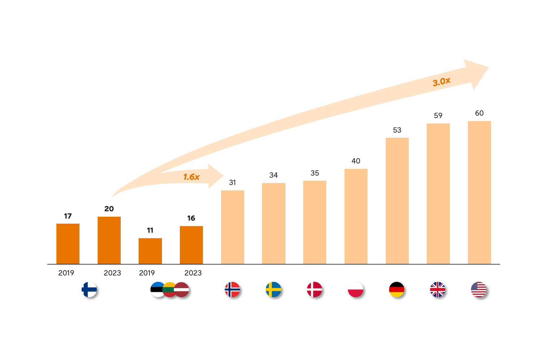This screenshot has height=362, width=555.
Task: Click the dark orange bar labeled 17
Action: click(68, 244)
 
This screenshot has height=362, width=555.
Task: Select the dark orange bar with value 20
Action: click(109, 240)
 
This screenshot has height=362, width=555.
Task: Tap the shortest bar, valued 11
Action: click(150, 251)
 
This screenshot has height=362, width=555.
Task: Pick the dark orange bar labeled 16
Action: click(191, 245)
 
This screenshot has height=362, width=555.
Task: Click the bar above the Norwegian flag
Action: click(233, 227)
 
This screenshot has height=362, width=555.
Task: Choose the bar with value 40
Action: click(356, 216)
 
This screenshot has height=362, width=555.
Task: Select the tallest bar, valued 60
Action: click(479, 193)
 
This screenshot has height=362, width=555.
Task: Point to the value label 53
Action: click(397, 130)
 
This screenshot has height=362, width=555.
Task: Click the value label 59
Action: click(438, 116)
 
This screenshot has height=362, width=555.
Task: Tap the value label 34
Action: click(274, 175)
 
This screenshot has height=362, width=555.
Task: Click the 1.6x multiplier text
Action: click(191, 177)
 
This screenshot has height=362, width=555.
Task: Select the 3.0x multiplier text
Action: click(442, 81)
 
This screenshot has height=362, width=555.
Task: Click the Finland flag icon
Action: click(89, 290)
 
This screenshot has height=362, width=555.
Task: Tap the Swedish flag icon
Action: click(273, 290)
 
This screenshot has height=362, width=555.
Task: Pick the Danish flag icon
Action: click(314, 290)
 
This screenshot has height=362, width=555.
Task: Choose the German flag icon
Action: click(397, 290)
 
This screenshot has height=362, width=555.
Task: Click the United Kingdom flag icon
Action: click(438, 290)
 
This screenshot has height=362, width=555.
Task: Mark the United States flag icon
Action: click(479, 290)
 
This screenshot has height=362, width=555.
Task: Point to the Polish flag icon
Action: click(355, 290)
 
